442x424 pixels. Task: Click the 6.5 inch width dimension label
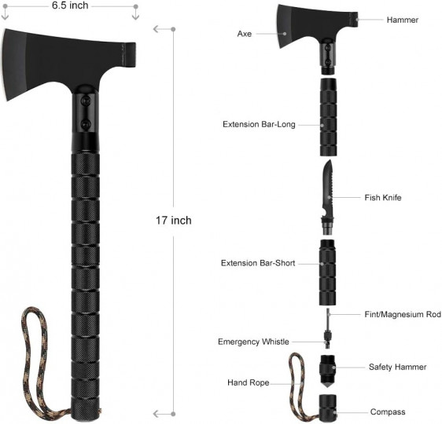tap(70, 5)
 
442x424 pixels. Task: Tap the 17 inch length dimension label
tap(173, 220)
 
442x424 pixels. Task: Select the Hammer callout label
tap(402, 20)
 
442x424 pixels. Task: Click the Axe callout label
tap(244, 34)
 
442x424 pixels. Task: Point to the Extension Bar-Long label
tap(259, 124)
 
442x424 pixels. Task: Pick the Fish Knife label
tap(383, 198)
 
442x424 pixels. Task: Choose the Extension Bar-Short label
tap(258, 263)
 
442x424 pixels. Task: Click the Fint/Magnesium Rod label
tap(403, 314)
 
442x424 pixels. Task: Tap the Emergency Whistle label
tap(253, 342)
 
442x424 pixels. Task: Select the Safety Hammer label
tap(397, 367)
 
